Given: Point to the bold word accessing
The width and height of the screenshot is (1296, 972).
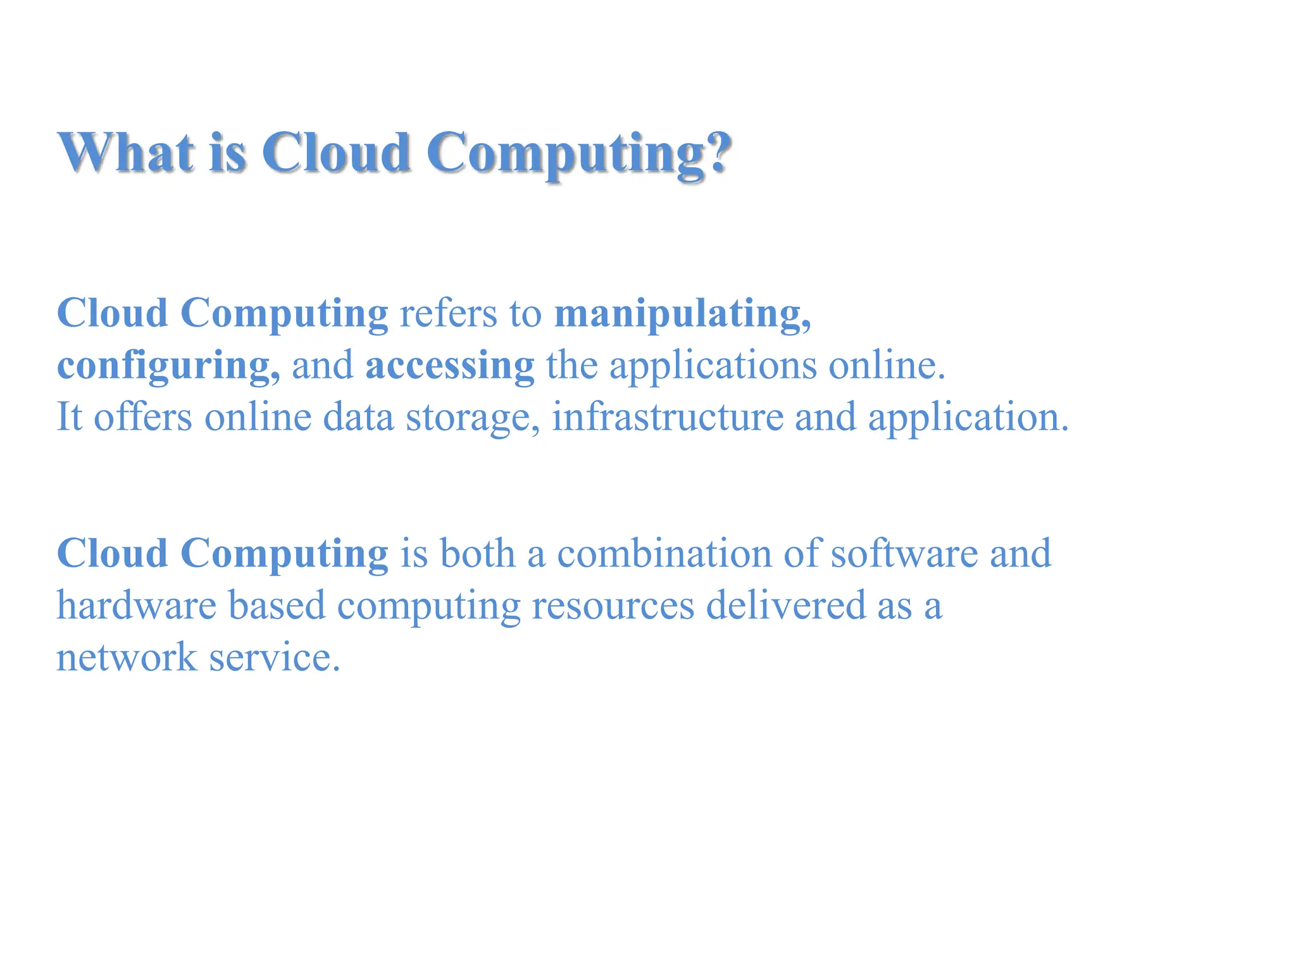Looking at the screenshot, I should coord(449,366).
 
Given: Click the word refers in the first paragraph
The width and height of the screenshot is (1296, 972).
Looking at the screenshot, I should coord(448,314).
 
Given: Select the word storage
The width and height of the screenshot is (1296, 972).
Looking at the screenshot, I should coord(467,418).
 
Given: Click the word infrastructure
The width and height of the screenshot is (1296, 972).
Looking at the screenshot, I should coord(667,417).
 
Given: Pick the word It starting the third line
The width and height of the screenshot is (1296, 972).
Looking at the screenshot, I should coord(69,417).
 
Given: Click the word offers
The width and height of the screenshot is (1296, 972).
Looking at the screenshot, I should coord(142,417).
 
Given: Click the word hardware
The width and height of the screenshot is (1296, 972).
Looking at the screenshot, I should coord(137,606).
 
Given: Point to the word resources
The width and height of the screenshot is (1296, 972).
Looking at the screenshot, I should coord(613,606).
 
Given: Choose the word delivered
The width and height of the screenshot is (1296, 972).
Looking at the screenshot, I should coord(785,606).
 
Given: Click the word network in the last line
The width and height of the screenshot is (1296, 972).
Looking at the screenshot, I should coord(127,657).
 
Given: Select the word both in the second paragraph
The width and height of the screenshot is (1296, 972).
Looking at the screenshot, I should coord(477,554).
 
